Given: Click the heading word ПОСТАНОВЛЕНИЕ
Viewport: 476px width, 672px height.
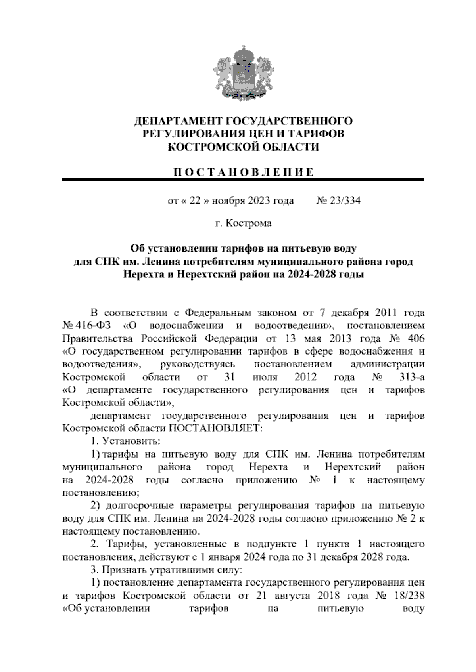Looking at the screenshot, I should pyautogui.click(x=243, y=172).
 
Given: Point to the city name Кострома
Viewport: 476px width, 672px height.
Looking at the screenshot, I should pyautogui.click(x=249, y=223).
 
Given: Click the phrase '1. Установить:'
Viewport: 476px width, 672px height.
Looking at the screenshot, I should pyautogui.click(x=125, y=441).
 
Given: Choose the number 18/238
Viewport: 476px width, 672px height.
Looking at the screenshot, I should pyautogui.click(x=408, y=596).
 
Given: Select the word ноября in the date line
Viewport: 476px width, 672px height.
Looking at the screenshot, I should pyautogui.click(x=229, y=201).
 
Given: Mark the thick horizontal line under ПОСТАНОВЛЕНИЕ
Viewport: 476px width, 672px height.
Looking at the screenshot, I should pyautogui.click(x=243, y=180).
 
